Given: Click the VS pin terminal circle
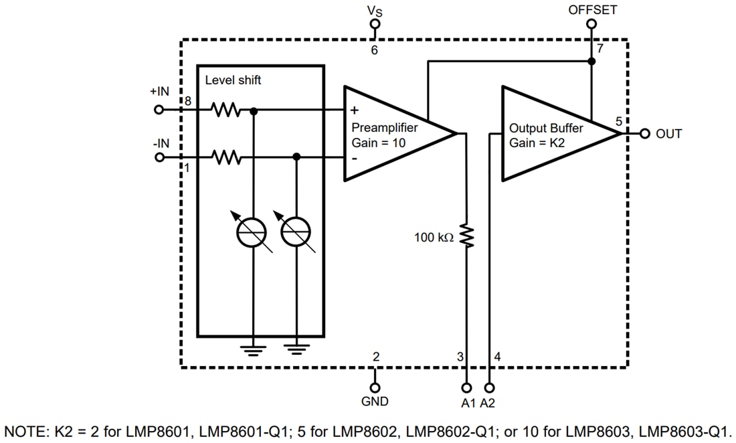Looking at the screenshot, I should (375, 23).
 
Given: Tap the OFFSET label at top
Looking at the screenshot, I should (592, 9).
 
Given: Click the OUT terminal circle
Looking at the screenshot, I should (645, 133).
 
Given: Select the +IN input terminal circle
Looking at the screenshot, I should (159, 110).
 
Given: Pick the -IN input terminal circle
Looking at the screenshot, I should (159, 157).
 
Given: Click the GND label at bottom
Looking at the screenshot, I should (375, 402).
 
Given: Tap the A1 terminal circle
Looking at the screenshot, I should (466, 387).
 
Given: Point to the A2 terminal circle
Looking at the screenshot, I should (490, 387).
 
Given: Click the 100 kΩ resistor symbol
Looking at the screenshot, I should (466, 236).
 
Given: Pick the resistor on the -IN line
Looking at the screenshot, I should (226, 157).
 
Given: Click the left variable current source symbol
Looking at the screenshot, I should (253, 232).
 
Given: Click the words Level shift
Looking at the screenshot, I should (233, 80).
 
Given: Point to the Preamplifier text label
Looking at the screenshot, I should (384, 127).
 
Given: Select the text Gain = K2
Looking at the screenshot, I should (536, 143).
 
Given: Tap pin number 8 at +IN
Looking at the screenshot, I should (188, 101).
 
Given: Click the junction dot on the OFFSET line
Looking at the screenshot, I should (591, 62).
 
